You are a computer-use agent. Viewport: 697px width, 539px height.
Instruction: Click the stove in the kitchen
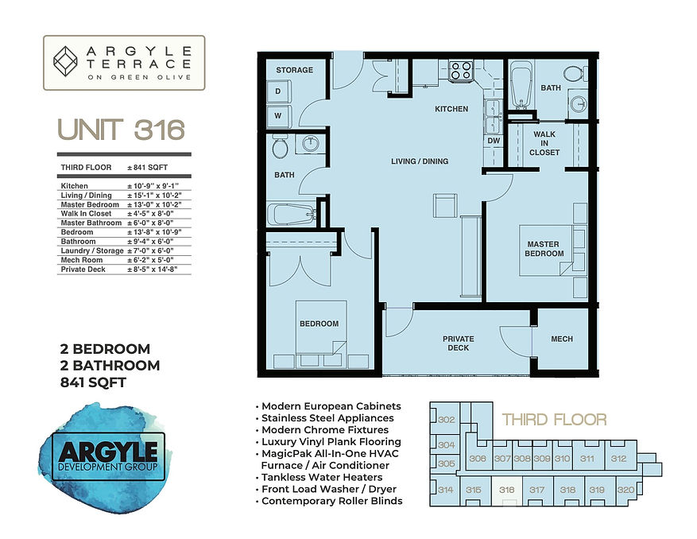461,72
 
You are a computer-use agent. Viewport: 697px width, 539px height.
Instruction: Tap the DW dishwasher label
493,140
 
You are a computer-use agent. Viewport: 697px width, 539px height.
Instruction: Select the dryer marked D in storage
279,92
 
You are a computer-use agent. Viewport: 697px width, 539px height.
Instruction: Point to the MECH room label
562,339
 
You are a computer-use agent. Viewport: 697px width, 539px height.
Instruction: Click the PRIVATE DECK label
459,343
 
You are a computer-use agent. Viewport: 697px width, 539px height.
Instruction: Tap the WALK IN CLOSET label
545,143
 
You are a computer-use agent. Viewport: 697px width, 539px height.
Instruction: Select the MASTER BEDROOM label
544,249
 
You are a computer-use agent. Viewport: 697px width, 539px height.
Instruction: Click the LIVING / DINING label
420,161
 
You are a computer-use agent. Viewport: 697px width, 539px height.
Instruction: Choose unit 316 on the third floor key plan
506,491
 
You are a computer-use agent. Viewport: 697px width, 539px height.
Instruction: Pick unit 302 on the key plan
446,420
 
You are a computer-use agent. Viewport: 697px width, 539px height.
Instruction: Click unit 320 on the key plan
625,490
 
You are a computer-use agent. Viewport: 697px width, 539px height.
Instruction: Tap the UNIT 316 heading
121,129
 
